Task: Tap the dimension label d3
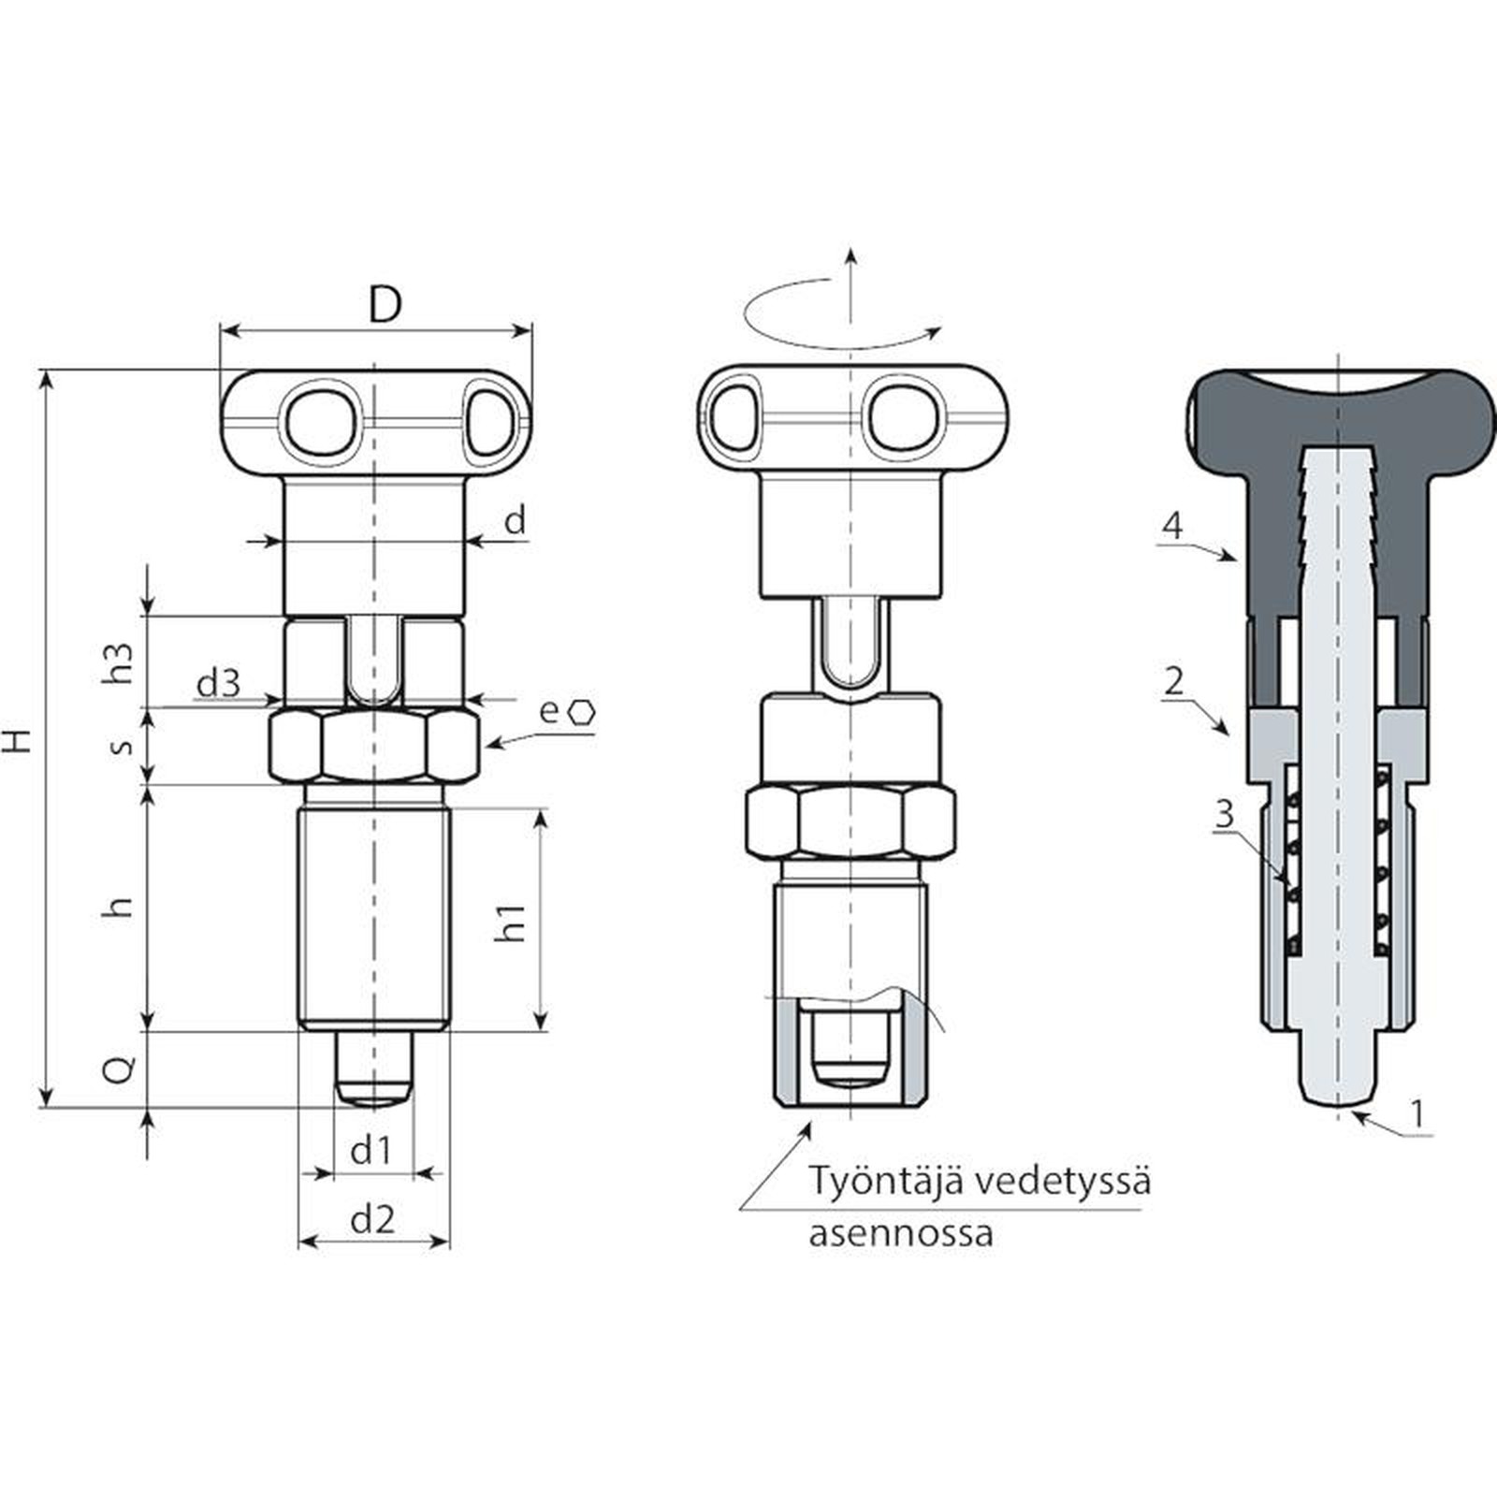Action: click(218, 684)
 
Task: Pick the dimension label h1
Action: click(513, 922)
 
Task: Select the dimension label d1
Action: click(371, 1150)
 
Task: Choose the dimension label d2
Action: click(372, 1219)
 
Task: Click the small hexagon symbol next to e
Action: click(584, 711)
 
